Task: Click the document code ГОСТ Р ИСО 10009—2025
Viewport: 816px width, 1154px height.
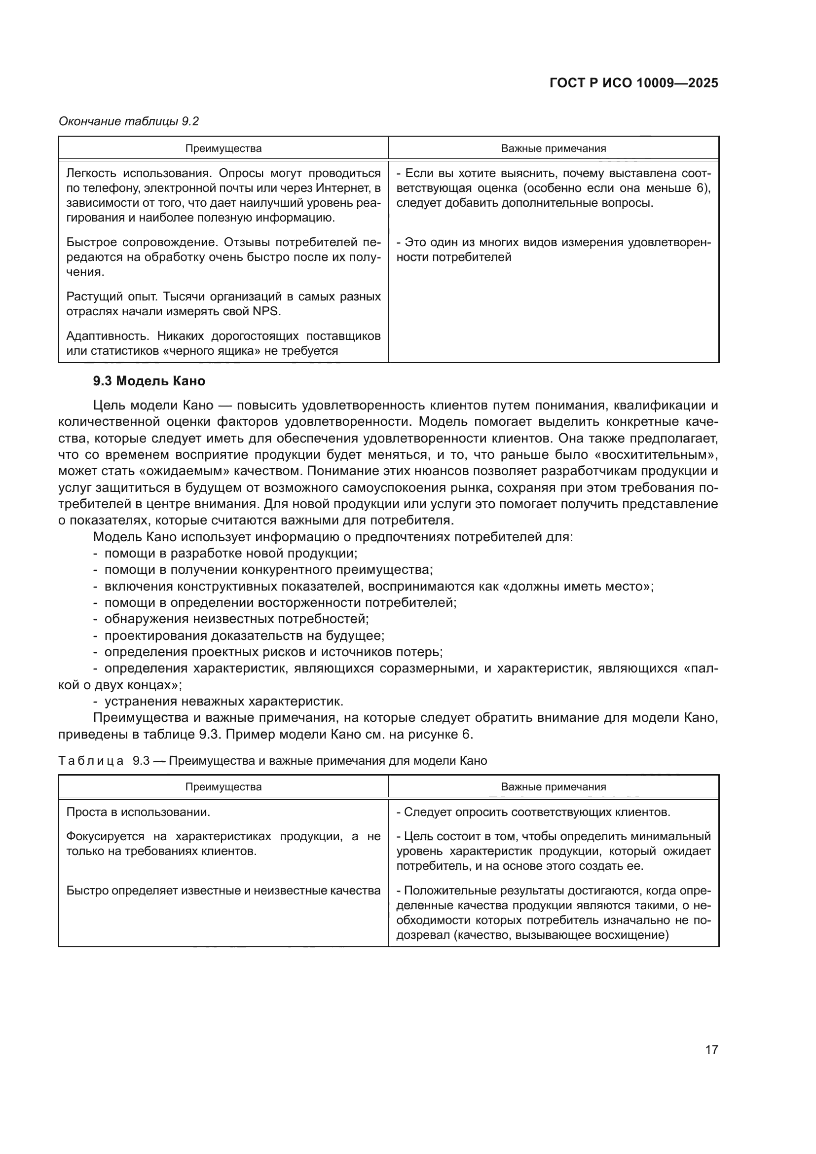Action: pyautogui.click(x=633, y=83)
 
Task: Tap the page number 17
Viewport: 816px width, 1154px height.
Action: pyautogui.click(x=711, y=1049)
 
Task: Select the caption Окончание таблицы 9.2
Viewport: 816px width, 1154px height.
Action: pyautogui.click(x=129, y=121)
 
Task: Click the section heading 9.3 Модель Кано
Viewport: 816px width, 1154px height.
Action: pyautogui.click(x=148, y=381)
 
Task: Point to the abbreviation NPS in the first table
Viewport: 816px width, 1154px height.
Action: pyautogui.click(x=267, y=312)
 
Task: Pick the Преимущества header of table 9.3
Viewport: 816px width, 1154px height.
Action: pyautogui.click(x=223, y=786)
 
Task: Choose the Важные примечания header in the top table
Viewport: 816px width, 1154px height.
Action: pyautogui.click(x=553, y=149)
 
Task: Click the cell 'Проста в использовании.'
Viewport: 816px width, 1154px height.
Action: pyautogui.click(x=138, y=812)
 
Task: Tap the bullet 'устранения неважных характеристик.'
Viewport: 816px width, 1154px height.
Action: pyautogui.click(x=223, y=701)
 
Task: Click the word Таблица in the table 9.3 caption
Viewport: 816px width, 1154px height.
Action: pyautogui.click(x=90, y=761)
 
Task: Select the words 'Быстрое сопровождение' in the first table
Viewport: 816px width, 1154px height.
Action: pyautogui.click(x=142, y=242)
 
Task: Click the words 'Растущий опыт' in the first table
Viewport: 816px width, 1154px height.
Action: pyautogui.click(x=112, y=297)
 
